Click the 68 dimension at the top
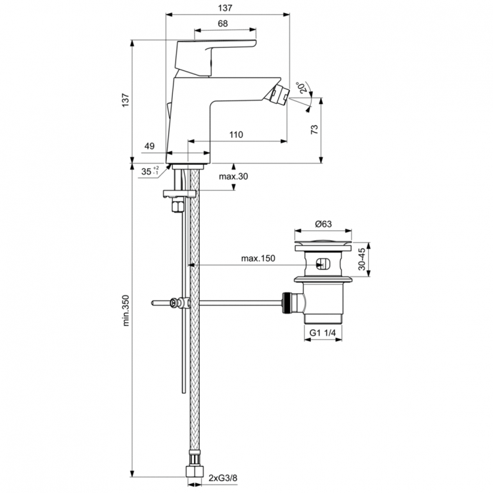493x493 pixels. (222, 24)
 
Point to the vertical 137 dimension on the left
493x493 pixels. (125, 99)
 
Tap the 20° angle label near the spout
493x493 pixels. (303, 88)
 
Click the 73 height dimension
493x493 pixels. (314, 130)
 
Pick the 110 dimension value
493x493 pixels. (237, 134)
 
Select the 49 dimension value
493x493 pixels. (150, 146)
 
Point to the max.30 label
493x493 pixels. (233, 176)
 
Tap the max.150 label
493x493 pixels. (258, 258)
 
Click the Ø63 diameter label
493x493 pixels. (323, 224)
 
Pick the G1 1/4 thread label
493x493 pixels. (323, 334)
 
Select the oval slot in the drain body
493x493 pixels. (322, 265)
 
